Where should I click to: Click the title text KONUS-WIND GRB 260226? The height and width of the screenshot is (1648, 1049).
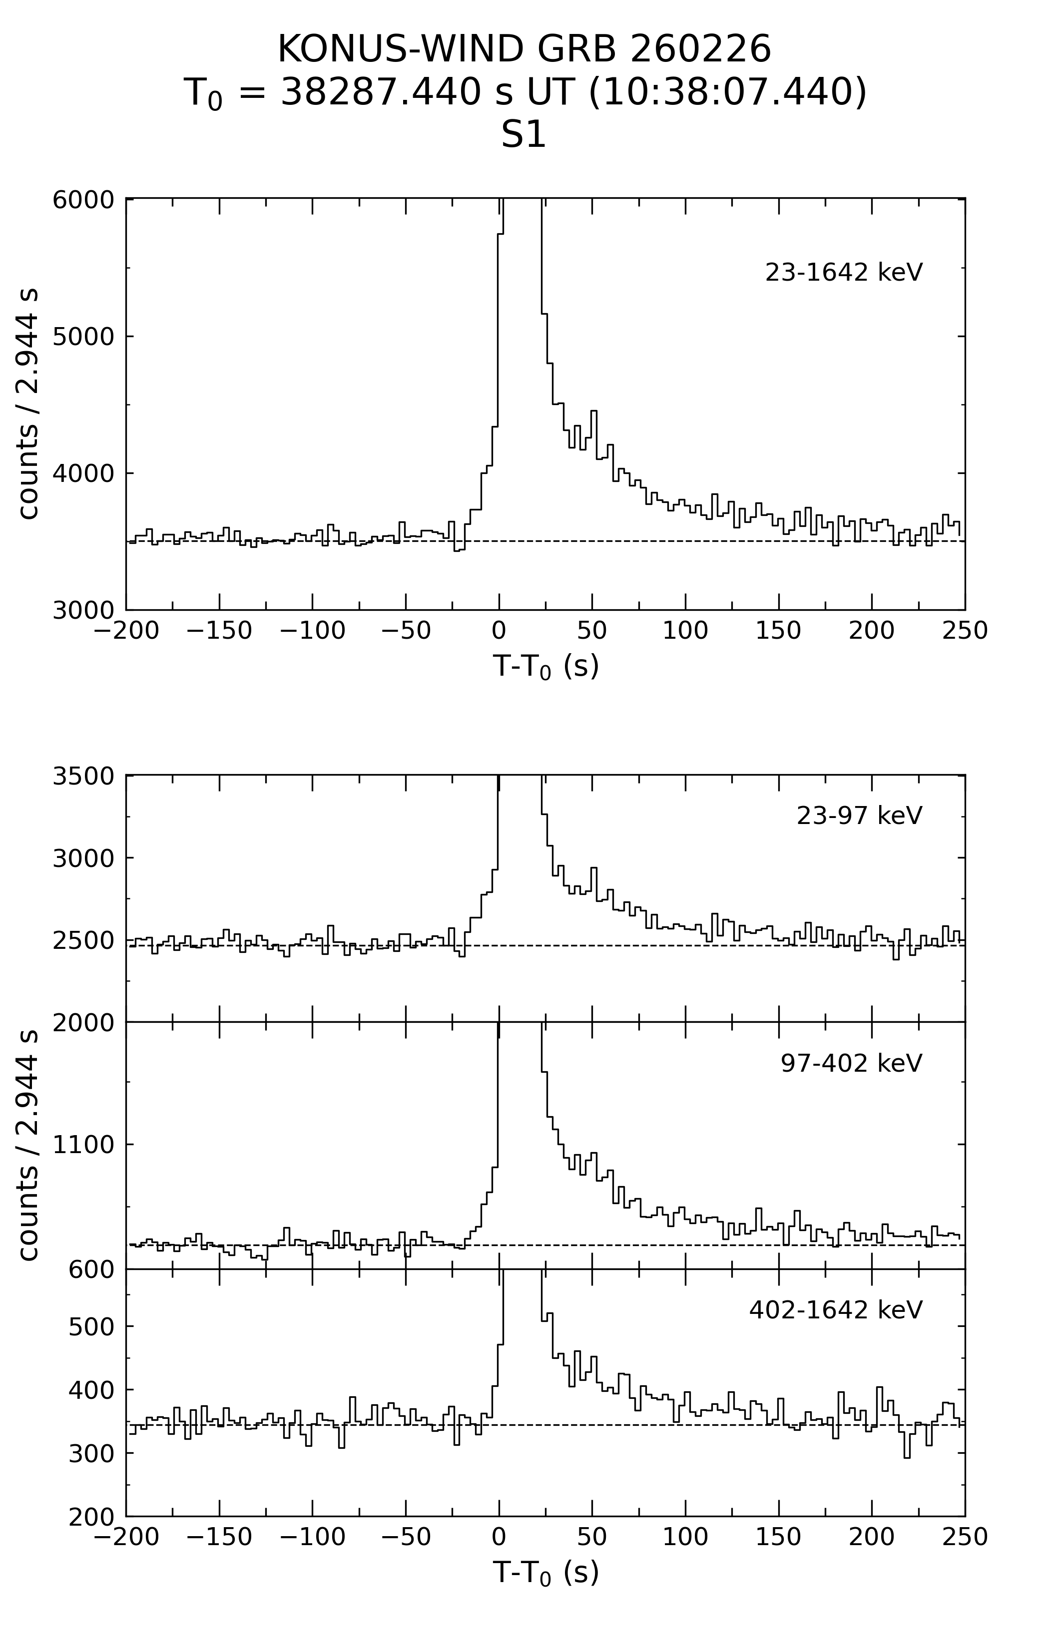[524, 49]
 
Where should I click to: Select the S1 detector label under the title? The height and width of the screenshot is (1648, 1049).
[524, 135]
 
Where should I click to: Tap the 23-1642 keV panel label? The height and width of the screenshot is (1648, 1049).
[844, 272]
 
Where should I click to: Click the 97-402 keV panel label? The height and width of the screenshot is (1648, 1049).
[851, 1063]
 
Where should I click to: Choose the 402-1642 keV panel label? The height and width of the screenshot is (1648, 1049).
[835, 1310]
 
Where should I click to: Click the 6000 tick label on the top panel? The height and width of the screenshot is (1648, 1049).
[83, 200]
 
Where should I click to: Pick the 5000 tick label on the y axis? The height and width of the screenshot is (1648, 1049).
[83, 337]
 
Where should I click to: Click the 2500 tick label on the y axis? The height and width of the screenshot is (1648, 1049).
[83, 941]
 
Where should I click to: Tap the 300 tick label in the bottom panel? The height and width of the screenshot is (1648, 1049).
[91, 1454]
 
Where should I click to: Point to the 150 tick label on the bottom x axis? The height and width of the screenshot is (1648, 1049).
[779, 1538]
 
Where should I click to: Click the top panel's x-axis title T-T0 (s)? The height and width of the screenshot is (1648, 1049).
[545, 666]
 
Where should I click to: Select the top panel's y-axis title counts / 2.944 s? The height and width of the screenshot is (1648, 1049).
[29, 404]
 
